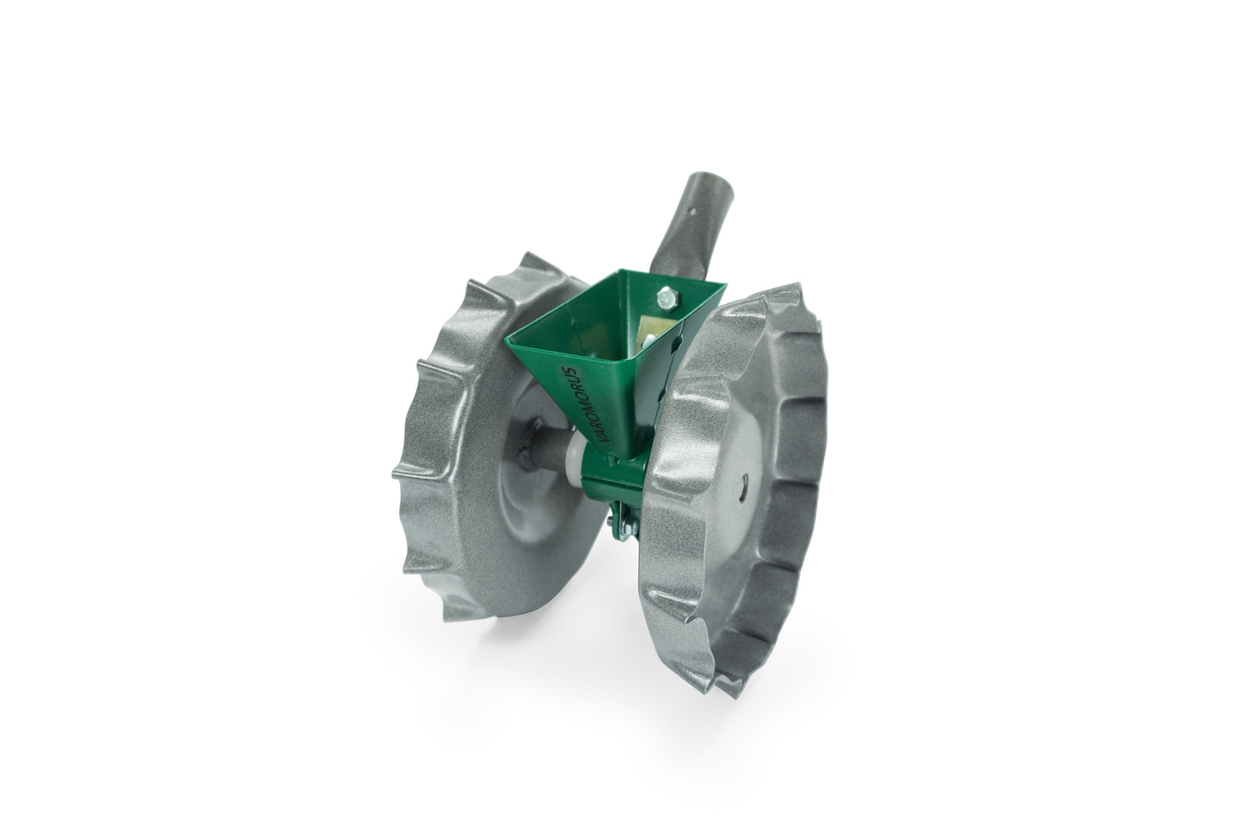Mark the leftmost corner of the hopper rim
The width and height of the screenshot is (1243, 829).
(503, 336)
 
